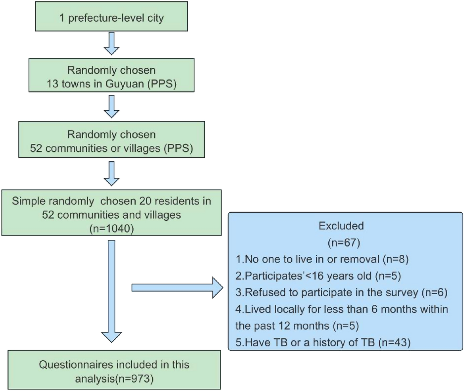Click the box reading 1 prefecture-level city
tap(111, 16)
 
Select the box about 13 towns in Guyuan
tap(111, 75)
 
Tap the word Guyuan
tap(125, 84)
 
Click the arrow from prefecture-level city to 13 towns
tap(111, 44)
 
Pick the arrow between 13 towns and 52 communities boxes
tap(111, 107)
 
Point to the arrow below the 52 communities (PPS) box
tap(111, 174)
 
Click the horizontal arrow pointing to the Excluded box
tap(177, 288)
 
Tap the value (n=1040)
tap(112, 229)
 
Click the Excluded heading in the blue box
tap(341, 226)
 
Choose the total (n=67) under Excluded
tap(344, 243)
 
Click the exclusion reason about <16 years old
tap(318, 276)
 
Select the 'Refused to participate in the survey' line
tap(341, 293)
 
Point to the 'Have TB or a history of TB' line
tap(323, 342)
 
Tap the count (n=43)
tap(394, 342)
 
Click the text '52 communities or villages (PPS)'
tap(111, 148)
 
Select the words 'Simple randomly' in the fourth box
tap(53, 201)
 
